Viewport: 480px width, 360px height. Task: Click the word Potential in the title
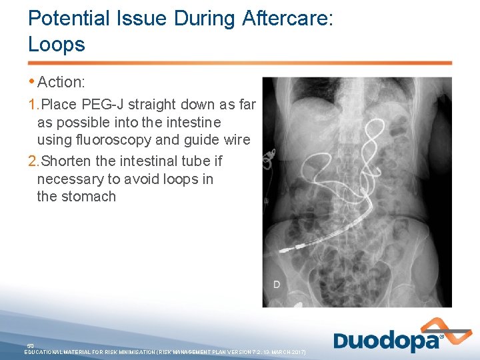coord(65,19)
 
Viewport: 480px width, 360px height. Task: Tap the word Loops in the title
coord(57,45)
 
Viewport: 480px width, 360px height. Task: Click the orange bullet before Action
coord(32,81)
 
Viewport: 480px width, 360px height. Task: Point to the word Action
coord(61,83)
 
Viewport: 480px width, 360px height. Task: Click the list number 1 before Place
coord(33,105)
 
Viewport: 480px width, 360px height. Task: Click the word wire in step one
coord(236,140)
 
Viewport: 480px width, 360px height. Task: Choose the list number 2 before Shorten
coord(33,161)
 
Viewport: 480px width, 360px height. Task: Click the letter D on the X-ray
coord(276,285)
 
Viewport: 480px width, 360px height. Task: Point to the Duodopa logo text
coord(387,341)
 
